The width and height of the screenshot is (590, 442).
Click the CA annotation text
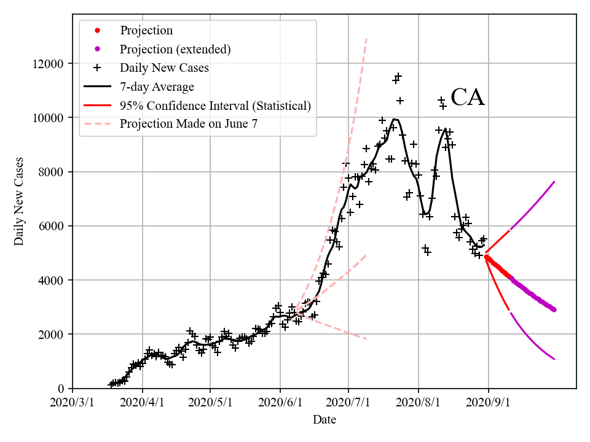click(x=468, y=98)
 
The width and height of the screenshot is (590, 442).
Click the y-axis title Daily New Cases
click(x=20, y=201)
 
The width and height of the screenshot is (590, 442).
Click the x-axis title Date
click(x=324, y=420)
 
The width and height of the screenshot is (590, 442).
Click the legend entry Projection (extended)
click(x=175, y=49)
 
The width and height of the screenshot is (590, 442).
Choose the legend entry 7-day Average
click(x=157, y=87)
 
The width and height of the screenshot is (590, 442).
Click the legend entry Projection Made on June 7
click(x=188, y=124)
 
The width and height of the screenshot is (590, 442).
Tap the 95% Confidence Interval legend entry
click(x=215, y=106)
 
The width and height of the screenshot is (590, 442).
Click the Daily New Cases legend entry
click(x=164, y=68)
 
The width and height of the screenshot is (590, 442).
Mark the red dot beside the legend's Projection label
click(x=97, y=31)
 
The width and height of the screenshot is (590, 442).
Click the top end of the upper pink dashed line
click(x=366, y=39)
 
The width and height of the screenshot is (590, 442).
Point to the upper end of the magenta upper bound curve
click(x=554, y=182)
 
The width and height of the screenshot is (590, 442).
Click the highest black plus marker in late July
click(x=398, y=76)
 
